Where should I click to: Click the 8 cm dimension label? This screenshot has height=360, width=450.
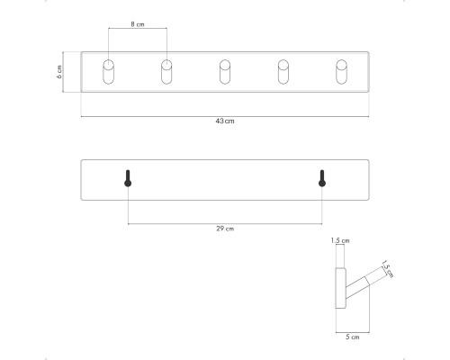[138, 24]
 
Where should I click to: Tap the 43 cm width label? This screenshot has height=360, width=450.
[225, 121]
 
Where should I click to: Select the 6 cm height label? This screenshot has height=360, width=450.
[59, 72]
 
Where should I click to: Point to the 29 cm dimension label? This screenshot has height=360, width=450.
[225, 229]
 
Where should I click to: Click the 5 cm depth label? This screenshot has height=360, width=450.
[352, 337]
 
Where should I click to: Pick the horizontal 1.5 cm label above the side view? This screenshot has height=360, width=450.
[340, 240]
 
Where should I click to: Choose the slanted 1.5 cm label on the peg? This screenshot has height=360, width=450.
[387, 269]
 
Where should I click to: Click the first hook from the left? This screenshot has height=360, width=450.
[108, 72]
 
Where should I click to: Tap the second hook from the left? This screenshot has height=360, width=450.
[166, 72]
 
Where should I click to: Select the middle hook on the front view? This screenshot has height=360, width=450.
[225, 72]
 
